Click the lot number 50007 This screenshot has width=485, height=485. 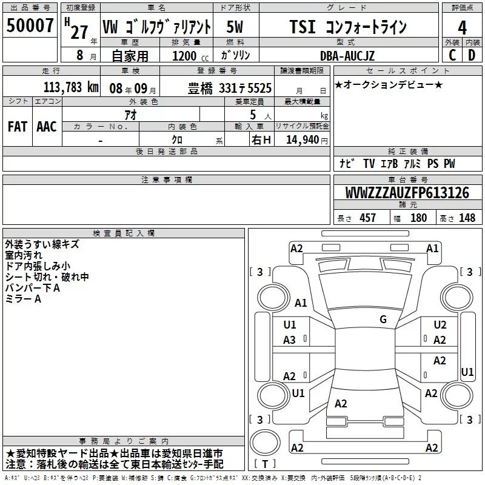pos(30,25)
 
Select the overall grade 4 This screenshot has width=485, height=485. pos(462,28)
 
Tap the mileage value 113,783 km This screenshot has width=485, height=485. pos(71,87)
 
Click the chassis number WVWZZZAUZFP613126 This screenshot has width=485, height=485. pos(407,193)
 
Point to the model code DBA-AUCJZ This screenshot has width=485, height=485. pos(347,56)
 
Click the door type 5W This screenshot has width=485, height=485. pos(235,27)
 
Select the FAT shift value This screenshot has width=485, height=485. pos(18,127)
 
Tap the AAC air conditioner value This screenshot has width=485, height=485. pos(47,127)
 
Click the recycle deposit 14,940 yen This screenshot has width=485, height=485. pos(307,140)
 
